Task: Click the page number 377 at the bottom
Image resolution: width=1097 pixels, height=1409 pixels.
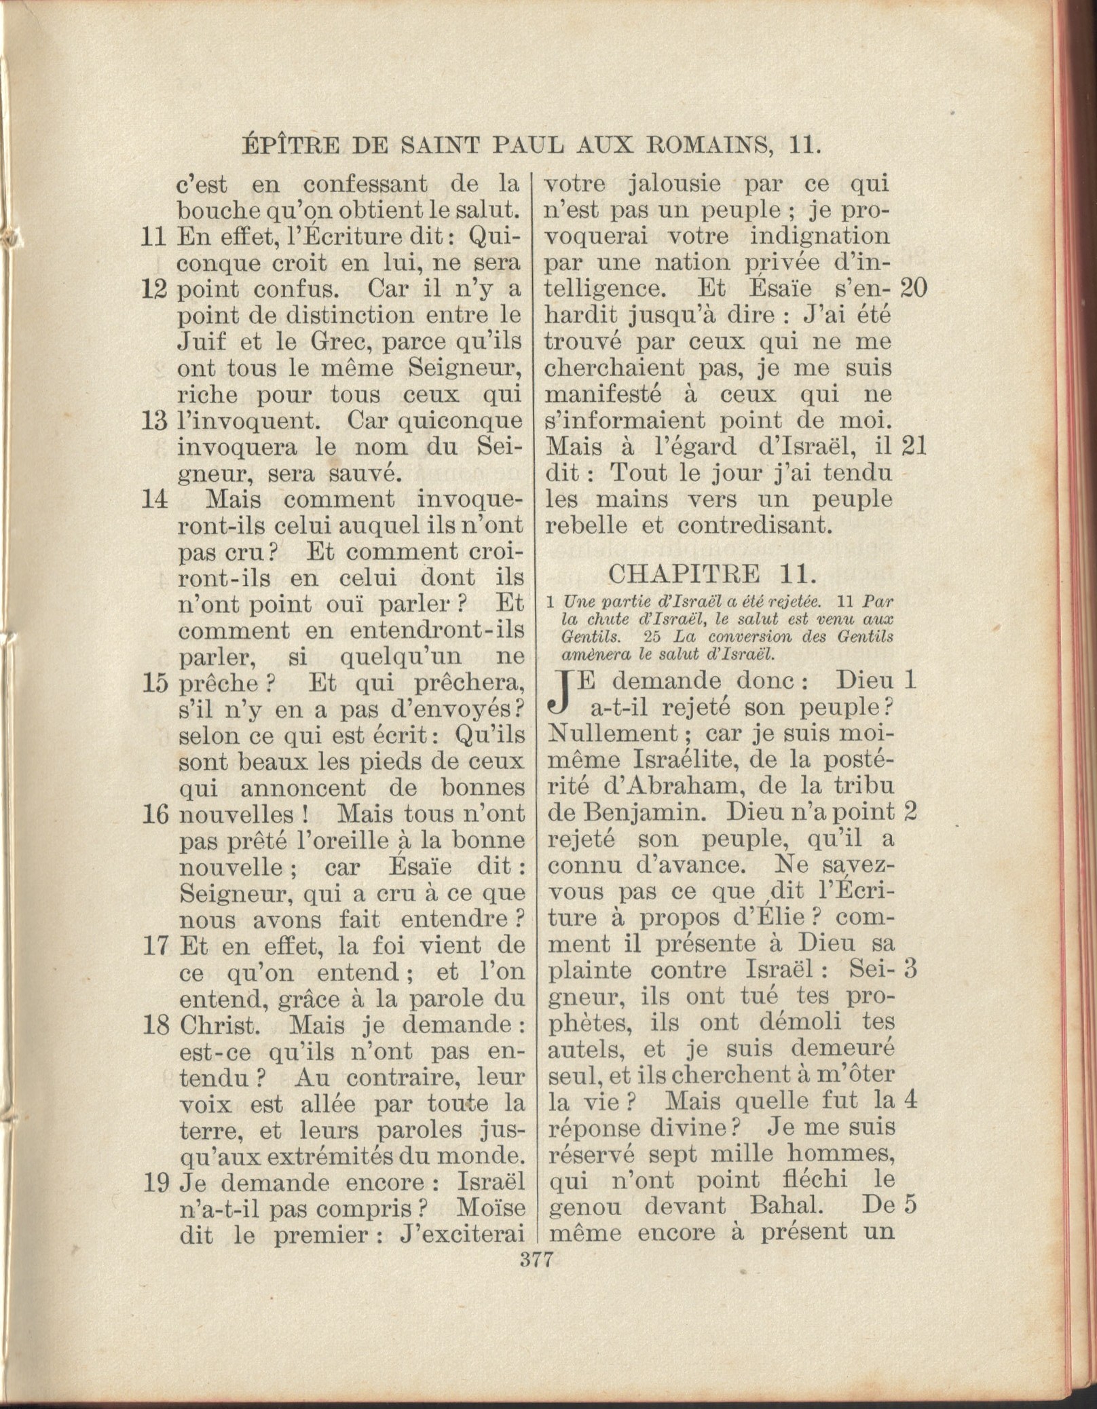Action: point(536,1260)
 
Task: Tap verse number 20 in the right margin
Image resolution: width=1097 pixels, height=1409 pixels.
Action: point(913,289)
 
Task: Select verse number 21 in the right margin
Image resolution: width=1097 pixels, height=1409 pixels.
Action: point(913,447)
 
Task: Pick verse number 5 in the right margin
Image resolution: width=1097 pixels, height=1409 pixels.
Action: point(912,1205)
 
